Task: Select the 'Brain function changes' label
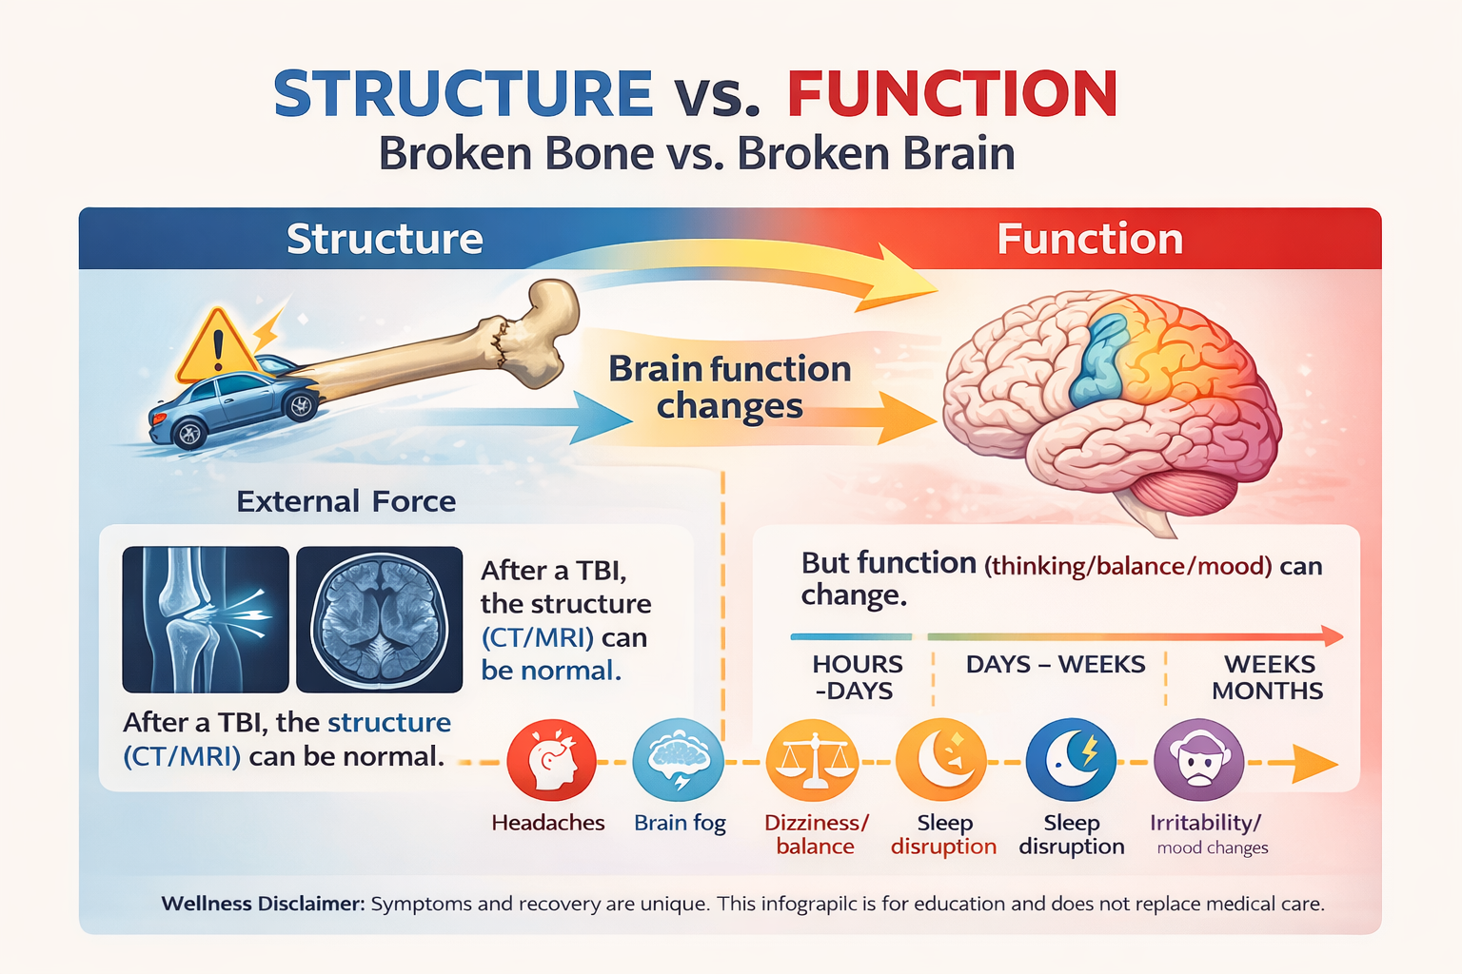pyautogui.click(x=729, y=387)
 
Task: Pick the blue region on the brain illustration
pyautogui.click(x=1100, y=361)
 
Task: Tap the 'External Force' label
pyautogui.click(x=346, y=501)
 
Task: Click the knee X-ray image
pyautogui.click(x=205, y=618)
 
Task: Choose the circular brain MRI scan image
pyautogui.click(x=379, y=618)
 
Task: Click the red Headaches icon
pyautogui.click(x=551, y=761)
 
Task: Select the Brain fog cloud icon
pyautogui.click(x=679, y=761)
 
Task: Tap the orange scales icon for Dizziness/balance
pyautogui.click(x=812, y=761)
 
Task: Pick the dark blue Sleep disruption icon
pyautogui.click(x=1071, y=761)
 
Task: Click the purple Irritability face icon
pyautogui.click(x=1198, y=761)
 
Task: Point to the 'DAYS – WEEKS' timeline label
pyautogui.click(x=1055, y=664)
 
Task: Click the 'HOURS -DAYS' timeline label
pyautogui.click(x=857, y=677)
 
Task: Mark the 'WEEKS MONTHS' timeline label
pyautogui.click(x=1268, y=677)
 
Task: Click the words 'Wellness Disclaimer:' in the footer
pyautogui.click(x=263, y=904)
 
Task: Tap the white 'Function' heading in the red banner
pyautogui.click(x=1089, y=239)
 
